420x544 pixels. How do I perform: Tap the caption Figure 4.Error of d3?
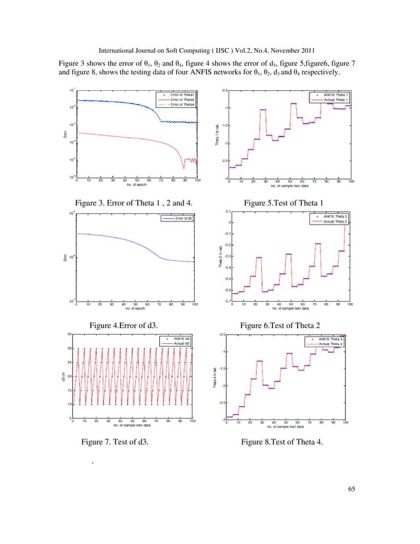(x=128, y=325)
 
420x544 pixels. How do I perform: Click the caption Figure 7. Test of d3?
(x=114, y=443)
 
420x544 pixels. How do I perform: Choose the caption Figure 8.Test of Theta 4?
(x=283, y=443)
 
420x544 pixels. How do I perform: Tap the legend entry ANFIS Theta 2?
(x=334, y=216)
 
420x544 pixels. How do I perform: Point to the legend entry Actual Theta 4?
(x=329, y=343)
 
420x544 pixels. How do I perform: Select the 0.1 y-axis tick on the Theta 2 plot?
(x=226, y=212)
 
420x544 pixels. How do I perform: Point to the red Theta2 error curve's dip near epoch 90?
(x=184, y=168)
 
